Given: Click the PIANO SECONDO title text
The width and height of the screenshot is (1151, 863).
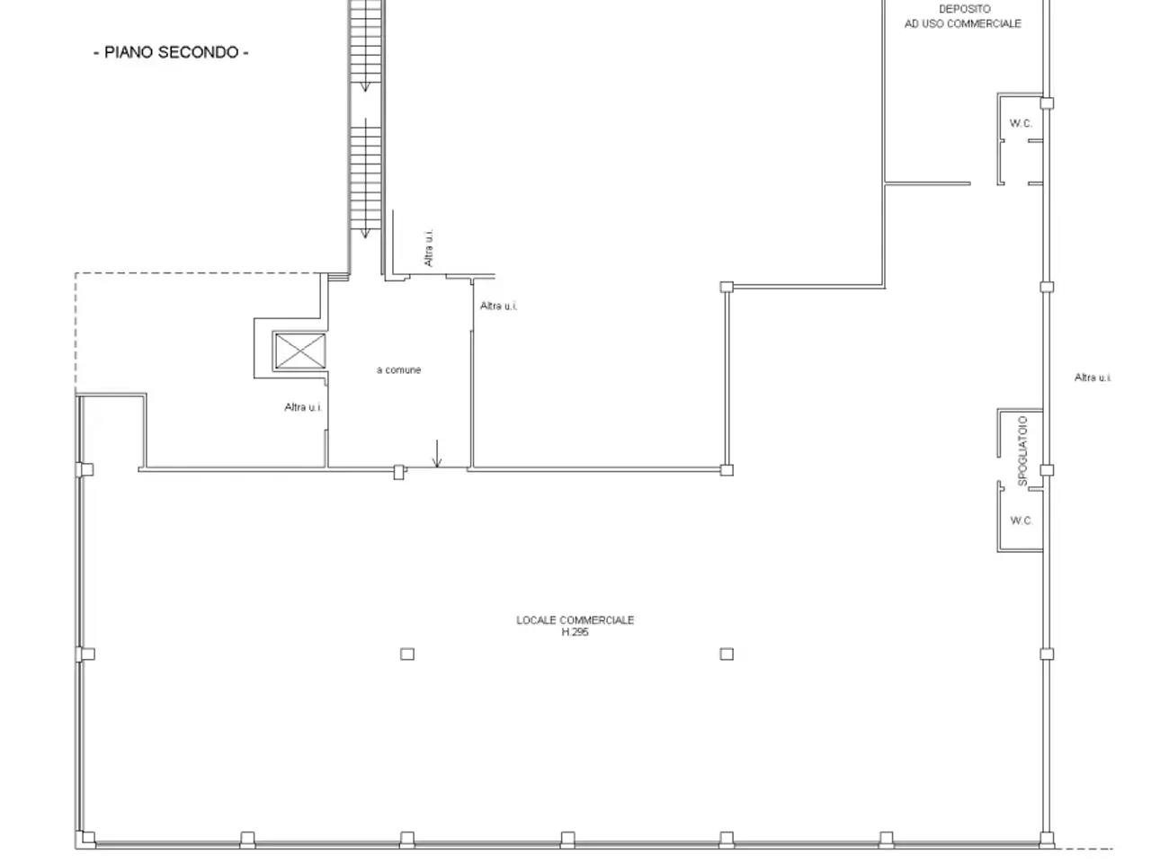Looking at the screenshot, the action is (x=171, y=52).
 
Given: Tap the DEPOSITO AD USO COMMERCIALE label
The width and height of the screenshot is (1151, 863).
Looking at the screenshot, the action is (x=963, y=16).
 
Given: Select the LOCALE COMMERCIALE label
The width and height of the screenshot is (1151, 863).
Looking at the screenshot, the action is (x=575, y=620).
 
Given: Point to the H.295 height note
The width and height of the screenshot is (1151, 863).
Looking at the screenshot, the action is (x=575, y=633).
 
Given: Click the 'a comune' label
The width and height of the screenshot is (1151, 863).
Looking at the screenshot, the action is (x=398, y=370).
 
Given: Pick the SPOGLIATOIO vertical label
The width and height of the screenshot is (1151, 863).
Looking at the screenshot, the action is (x=1022, y=451).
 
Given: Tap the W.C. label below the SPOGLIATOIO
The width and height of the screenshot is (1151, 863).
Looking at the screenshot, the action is (x=1021, y=520).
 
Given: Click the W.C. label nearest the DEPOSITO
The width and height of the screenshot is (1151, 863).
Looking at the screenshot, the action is (x=1021, y=124).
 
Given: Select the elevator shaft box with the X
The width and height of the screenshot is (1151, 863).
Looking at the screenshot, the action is (x=300, y=351).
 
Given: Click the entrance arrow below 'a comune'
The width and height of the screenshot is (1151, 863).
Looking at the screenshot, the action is (x=437, y=454).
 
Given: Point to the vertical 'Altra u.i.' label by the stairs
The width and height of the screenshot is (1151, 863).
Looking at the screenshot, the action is (x=428, y=248).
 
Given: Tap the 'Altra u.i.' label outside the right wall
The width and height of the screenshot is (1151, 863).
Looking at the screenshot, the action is (x=1093, y=378).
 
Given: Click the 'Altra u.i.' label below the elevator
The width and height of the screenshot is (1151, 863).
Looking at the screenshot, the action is (x=303, y=407).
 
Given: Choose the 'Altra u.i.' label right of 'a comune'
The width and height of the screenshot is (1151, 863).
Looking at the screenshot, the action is (x=499, y=306).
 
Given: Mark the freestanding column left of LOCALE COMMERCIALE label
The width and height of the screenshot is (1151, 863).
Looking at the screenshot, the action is (x=407, y=654).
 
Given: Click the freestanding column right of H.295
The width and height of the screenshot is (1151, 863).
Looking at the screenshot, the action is (x=727, y=654).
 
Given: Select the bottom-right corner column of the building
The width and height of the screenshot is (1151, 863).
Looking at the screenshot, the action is (x=1047, y=839).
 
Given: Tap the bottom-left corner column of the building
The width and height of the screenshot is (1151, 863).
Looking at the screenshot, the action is (x=87, y=839).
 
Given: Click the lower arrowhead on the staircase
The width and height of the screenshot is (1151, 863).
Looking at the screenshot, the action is (x=365, y=234).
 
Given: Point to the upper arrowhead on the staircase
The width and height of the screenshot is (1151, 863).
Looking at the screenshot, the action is (x=365, y=87).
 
